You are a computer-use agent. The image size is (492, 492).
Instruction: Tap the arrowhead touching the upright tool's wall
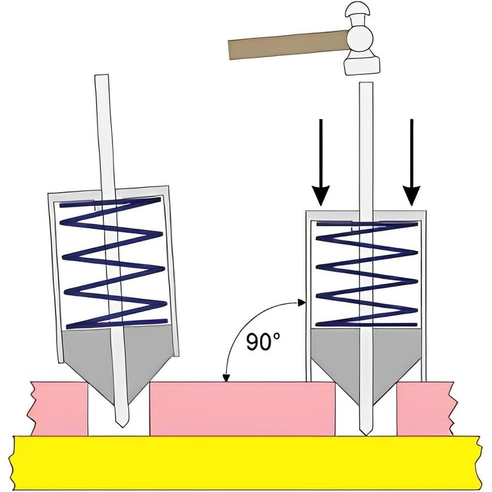[301, 303]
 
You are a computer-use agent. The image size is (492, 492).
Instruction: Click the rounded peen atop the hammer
[356, 12]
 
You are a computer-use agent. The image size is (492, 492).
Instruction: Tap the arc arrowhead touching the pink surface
[226, 378]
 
